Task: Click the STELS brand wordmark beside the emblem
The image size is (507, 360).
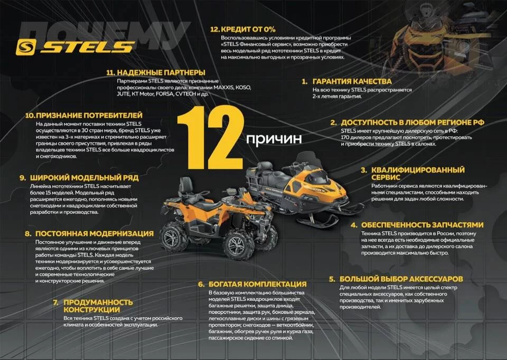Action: [x=88, y=47]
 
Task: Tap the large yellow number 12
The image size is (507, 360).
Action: [x=210, y=137]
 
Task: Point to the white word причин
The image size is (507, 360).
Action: [x=274, y=139]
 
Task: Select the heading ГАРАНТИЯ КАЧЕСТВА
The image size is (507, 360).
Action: [x=352, y=81]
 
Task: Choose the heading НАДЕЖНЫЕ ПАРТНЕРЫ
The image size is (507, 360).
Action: [x=161, y=72]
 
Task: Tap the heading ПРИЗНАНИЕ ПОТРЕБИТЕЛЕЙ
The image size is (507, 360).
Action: [x=89, y=116]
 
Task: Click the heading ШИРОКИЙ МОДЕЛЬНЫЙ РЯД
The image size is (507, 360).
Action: [x=84, y=177]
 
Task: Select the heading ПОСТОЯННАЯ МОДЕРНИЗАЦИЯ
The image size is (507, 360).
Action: [x=95, y=233]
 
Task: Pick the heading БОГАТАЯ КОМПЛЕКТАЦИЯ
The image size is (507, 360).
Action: [x=257, y=284]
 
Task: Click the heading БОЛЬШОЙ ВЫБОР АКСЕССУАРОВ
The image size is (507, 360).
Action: [x=401, y=279]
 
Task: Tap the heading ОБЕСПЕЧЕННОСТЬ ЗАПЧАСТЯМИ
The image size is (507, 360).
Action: [x=422, y=225]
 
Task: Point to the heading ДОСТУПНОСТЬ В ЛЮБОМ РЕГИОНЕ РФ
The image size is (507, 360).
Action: [x=412, y=122]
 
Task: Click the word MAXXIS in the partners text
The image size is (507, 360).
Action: [x=224, y=88]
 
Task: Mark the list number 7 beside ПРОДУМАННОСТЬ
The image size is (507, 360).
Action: [x=56, y=302]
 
